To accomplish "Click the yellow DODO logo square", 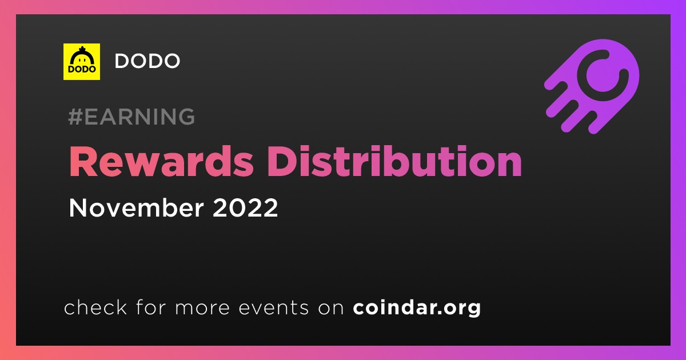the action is click(x=81, y=62).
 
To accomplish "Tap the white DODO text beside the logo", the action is click(x=147, y=61).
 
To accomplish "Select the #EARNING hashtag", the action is click(x=131, y=117).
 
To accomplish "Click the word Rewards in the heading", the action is click(x=161, y=161).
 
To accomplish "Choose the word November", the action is click(x=136, y=207).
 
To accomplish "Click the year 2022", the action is click(x=245, y=207).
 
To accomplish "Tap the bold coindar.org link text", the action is click(x=417, y=307).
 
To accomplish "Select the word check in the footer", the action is click(x=95, y=307).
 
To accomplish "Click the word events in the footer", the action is click(x=273, y=307).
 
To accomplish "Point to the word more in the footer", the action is click(x=202, y=308).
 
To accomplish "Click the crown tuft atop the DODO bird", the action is click(x=82, y=49).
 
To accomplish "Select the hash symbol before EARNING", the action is click(x=75, y=117).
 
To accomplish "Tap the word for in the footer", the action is click(x=151, y=307).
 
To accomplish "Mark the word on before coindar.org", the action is click(x=331, y=308).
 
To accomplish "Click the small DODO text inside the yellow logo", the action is click(x=82, y=69).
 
